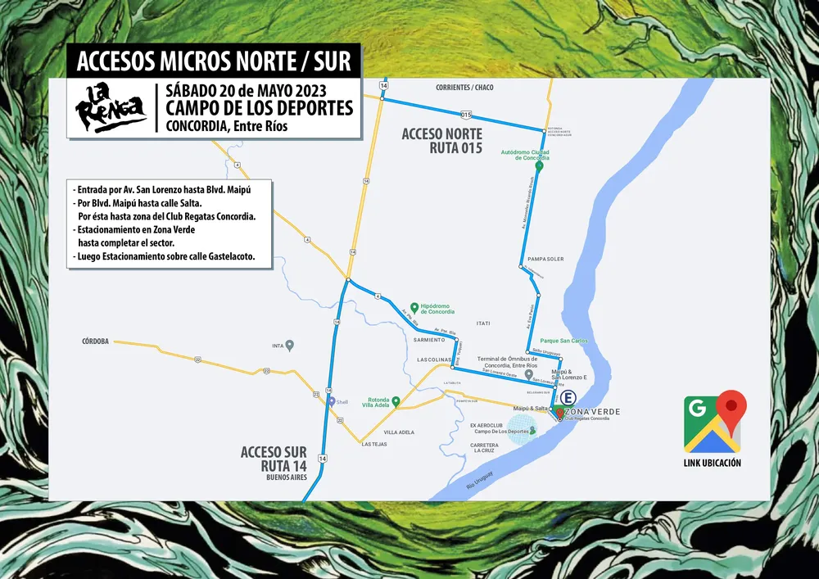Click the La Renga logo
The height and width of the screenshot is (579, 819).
click(x=111, y=106)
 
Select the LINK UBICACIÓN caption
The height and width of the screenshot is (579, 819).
click(x=713, y=463)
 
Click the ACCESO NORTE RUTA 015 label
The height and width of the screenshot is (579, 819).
click(x=441, y=140)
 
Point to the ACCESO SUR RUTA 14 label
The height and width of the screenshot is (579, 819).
click(x=273, y=459)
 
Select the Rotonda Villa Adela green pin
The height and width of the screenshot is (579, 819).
click(x=396, y=401)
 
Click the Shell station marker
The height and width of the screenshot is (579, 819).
click(x=332, y=401)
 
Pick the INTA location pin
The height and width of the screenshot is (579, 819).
click(x=289, y=345)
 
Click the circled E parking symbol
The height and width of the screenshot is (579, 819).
click(x=568, y=397)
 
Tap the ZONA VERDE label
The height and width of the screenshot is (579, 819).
click(x=592, y=410)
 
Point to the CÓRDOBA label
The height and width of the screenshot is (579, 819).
click(x=95, y=341)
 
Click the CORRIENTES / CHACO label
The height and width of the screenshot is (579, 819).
click(x=464, y=87)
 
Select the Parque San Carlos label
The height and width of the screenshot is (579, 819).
click(x=563, y=340)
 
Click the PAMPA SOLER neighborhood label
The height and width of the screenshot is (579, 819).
click(x=545, y=259)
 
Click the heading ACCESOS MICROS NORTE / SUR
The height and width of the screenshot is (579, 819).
click(x=213, y=61)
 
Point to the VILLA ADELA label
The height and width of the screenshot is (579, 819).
click(x=400, y=432)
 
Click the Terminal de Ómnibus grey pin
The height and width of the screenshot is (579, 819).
click(x=529, y=373)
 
